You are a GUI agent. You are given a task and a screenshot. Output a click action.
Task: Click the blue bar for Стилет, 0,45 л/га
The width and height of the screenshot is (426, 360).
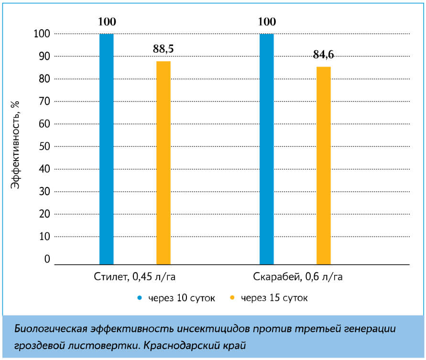[x=106, y=148]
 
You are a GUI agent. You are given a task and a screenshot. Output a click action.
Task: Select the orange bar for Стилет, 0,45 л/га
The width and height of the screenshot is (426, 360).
[x=164, y=163]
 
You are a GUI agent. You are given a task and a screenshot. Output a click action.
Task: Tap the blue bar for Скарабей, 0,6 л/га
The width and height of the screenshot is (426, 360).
[x=266, y=148]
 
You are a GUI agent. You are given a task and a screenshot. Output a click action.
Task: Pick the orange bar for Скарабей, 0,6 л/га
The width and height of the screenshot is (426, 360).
[x=324, y=165]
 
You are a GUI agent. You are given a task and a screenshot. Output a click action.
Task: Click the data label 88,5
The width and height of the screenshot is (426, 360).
[x=164, y=49]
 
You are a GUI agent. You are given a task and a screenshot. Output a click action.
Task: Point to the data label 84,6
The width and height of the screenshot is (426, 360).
[x=324, y=55]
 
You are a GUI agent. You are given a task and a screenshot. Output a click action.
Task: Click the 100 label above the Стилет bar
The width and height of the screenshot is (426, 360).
[x=107, y=22]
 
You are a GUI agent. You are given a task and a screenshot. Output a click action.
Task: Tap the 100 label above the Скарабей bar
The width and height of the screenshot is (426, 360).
[x=267, y=22]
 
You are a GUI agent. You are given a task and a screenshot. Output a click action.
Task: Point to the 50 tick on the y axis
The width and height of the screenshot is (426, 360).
[x=44, y=146]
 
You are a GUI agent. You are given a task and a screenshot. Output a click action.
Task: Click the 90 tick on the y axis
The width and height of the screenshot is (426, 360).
[x=44, y=56]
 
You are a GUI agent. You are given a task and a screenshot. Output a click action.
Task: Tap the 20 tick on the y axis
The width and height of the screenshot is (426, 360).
[x=44, y=214]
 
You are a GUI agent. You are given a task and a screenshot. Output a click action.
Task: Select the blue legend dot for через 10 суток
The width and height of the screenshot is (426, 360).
[x=140, y=298]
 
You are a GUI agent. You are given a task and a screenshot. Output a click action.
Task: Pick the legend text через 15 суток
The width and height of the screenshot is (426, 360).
[x=274, y=298]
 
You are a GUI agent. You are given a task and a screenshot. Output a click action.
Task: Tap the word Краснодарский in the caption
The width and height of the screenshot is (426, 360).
[x=206, y=345]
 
